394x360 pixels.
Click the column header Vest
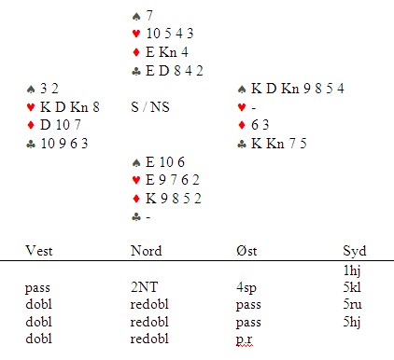pos(39,251)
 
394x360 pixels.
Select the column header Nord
pos(147,251)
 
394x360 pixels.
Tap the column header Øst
pos(246,251)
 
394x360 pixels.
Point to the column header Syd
pos(355,251)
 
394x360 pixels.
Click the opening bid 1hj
pos(352,270)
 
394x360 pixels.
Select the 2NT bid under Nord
pos(144,287)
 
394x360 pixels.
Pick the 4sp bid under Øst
pos(246,287)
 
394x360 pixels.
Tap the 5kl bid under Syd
pos(352,287)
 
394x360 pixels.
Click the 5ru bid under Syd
pos(353,304)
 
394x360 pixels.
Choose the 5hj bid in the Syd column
pos(352,322)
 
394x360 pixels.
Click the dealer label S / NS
pos(150,107)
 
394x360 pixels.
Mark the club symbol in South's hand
pos(136,217)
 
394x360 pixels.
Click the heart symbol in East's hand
pos(242,107)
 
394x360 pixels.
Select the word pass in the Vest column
pos(37,288)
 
